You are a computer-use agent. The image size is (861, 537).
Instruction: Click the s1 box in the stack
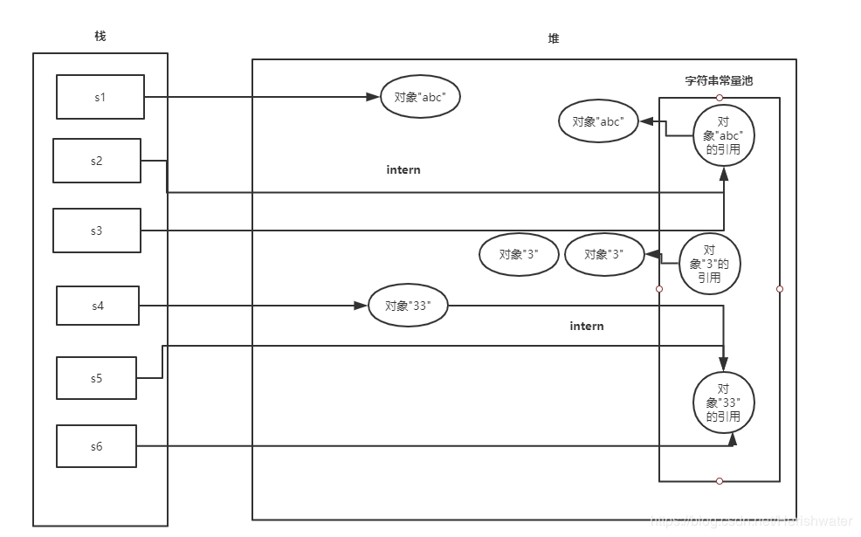pos(100,97)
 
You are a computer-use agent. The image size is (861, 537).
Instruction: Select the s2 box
pos(96,161)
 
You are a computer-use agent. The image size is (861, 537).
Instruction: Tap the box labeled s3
pos(96,231)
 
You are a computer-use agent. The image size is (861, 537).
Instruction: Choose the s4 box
pos(97,306)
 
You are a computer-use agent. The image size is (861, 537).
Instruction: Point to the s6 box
pos(96,446)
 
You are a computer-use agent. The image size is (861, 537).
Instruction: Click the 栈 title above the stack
pos(100,36)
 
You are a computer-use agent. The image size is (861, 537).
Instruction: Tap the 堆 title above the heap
pos(554,39)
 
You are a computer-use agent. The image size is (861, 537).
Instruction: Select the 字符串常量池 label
pos(718,80)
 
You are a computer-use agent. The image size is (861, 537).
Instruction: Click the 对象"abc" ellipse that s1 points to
pos(420,98)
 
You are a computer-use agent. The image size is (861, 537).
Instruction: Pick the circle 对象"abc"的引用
pos(723,135)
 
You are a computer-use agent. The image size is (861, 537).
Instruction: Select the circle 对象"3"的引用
pos(709,264)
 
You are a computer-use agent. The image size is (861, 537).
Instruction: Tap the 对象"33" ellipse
pos(409,306)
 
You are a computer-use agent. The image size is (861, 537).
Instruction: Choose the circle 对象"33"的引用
pos(723,403)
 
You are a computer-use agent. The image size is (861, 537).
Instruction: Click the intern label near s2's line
pos(403,169)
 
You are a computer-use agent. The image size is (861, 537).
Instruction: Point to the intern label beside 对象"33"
pos(587,326)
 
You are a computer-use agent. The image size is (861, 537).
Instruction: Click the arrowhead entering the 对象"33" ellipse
pos(361,306)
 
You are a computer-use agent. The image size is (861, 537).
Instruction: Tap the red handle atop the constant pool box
pos(719,97)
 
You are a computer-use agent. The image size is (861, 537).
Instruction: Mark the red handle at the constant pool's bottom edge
pos(719,481)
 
